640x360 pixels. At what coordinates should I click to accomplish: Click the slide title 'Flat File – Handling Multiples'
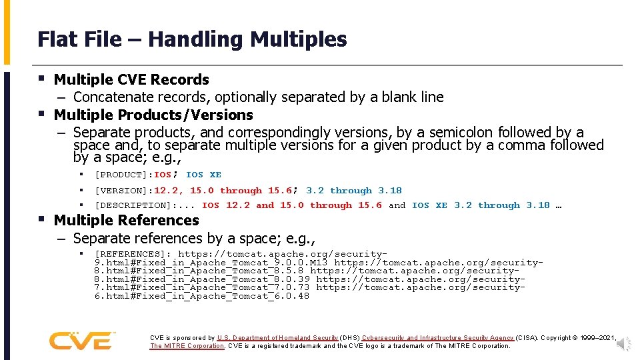(192, 39)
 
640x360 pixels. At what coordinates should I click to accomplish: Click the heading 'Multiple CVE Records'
(131, 79)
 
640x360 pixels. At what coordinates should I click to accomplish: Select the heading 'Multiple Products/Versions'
(153, 115)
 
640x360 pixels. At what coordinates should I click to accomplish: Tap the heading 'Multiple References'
(126, 220)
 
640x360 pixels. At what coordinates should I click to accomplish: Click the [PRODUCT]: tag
(124, 175)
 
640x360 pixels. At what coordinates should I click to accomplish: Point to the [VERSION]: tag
(124, 190)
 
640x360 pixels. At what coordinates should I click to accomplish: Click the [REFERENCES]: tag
(133, 254)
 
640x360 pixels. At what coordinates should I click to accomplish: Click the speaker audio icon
(624, 343)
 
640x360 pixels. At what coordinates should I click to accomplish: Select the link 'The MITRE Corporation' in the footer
(187, 346)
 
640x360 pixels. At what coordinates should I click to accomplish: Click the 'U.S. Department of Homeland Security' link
(277, 338)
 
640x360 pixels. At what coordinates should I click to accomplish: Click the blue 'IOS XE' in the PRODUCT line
(203, 175)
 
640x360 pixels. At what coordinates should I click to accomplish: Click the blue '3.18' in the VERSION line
(390, 190)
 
